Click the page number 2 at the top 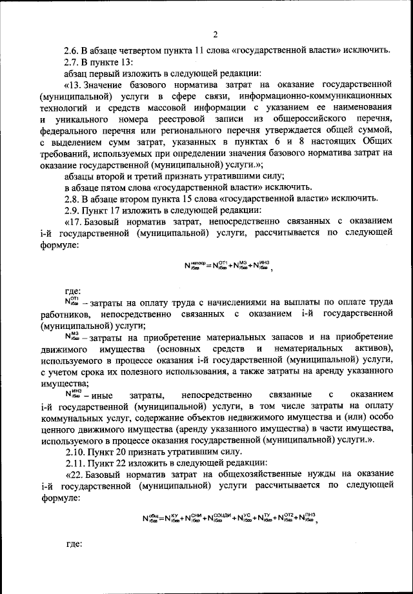point(215,34)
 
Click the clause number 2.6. point(72,50)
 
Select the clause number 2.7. point(72,62)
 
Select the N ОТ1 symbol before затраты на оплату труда point(72,301)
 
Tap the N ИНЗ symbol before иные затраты point(71,393)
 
